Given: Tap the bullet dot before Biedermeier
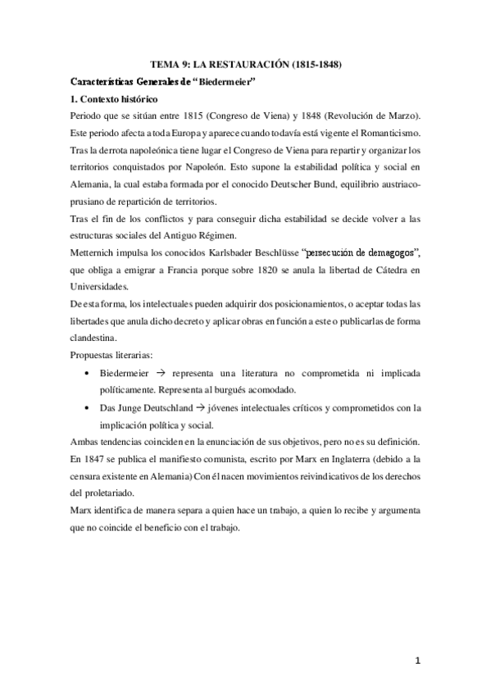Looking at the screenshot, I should pyautogui.click(x=88, y=374).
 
